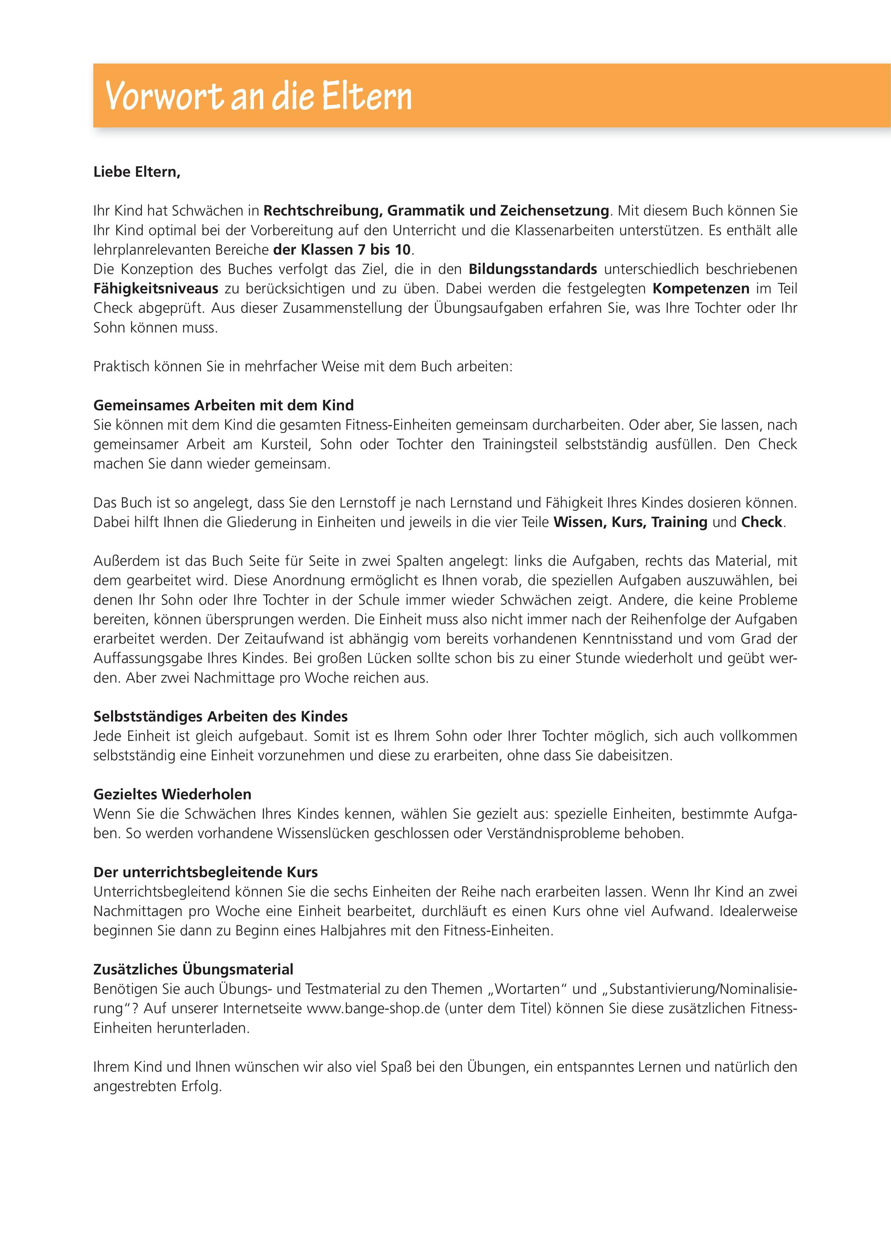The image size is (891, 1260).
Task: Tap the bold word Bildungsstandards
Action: tap(533, 269)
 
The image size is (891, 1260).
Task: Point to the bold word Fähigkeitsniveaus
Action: tap(156, 289)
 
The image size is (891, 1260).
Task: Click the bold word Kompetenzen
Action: tap(701, 289)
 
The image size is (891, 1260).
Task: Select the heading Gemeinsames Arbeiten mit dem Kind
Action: tap(224, 405)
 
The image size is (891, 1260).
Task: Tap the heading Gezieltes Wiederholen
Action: tap(173, 794)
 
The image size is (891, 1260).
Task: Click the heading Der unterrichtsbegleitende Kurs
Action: tap(205, 872)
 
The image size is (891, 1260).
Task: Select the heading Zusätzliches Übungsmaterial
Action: tap(193, 969)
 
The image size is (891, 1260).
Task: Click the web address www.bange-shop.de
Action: tap(373, 1009)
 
